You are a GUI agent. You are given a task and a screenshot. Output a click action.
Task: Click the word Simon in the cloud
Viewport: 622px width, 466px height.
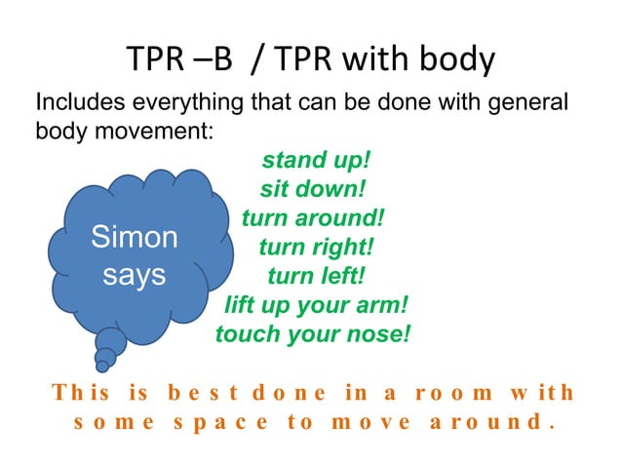click(135, 237)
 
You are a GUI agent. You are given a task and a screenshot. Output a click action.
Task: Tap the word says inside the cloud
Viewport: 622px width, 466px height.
click(135, 275)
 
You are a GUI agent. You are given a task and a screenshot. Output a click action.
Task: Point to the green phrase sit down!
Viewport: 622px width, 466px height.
click(312, 188)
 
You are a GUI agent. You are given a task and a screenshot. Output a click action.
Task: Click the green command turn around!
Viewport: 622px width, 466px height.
click(313, 216)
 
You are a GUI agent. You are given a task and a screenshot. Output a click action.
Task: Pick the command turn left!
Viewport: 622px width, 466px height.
click(316, 276)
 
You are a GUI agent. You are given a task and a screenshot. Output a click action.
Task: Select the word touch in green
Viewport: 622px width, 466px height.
click(246, 334)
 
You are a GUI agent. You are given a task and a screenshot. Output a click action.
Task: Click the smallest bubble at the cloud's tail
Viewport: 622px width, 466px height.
click(100, 367)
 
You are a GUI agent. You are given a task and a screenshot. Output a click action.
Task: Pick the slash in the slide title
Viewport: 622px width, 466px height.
click(257, 60)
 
